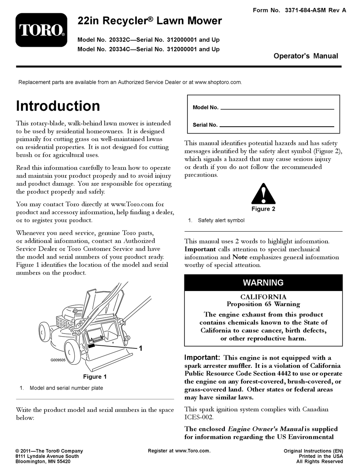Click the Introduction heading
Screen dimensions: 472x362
click(58, 106)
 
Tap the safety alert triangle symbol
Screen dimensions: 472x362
click(263, 194)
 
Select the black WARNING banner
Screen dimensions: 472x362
click(263, 283)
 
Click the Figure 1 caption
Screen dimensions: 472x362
click(95, 377)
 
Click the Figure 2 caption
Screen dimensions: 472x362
click(263, 209)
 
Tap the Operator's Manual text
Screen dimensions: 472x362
click(306, 56)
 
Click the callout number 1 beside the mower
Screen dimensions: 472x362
click(141, 348)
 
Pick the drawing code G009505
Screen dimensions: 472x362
click(58, 360)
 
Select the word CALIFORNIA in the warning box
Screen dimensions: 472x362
click(263, 297)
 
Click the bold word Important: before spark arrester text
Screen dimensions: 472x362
click(202, 358)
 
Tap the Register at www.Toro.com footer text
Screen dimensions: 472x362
click(179, 451)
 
